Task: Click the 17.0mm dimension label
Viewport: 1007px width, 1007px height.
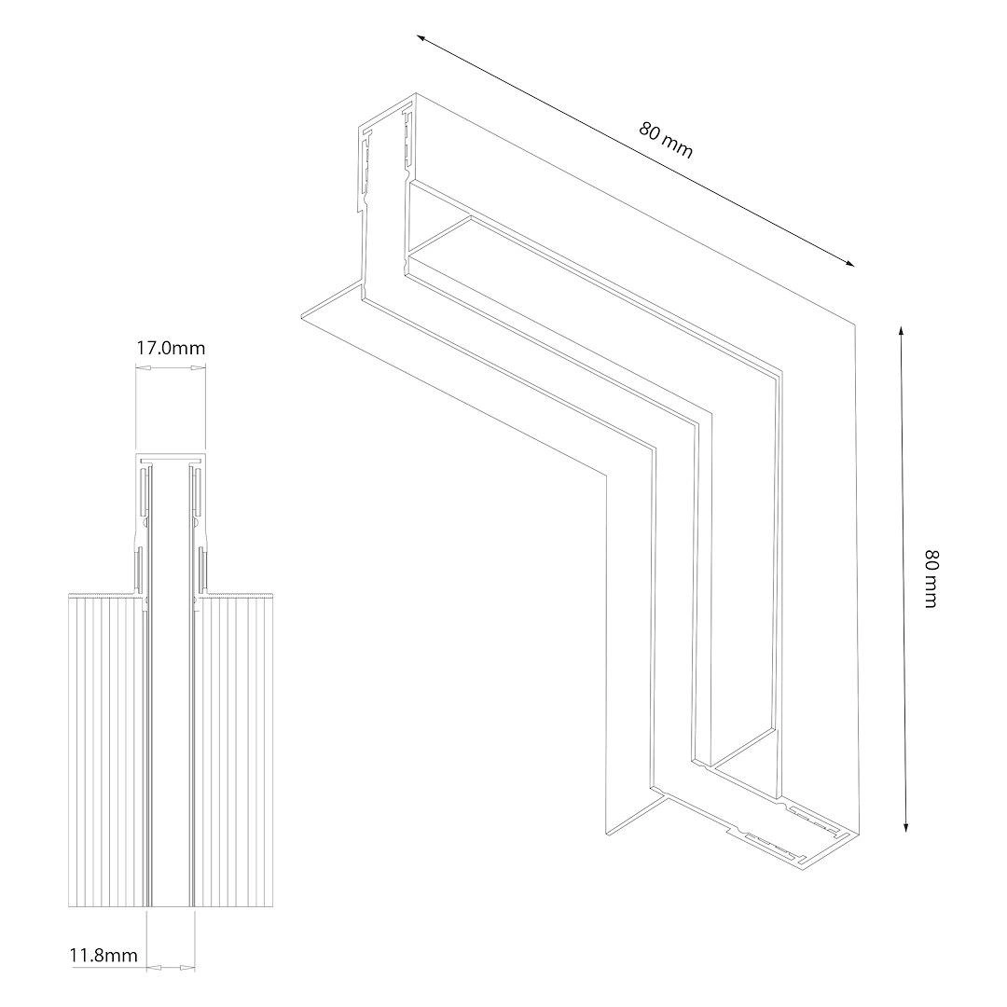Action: click(171, 348)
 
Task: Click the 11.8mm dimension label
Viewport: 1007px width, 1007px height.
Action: click(103, 955)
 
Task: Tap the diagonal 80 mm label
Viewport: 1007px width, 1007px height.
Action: click(666, 140)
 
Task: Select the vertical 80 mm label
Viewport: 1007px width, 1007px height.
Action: click(931, 578)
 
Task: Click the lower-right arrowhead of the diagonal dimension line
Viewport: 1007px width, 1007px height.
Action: click(848, 261)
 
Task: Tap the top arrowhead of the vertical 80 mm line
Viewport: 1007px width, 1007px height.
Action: click(901, 332)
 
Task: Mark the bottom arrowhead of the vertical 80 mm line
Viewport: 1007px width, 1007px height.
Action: click(905, 825)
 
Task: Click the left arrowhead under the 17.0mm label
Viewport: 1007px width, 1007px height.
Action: click(144, 368)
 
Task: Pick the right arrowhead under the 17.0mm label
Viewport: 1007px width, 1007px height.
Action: click(198, 368)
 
